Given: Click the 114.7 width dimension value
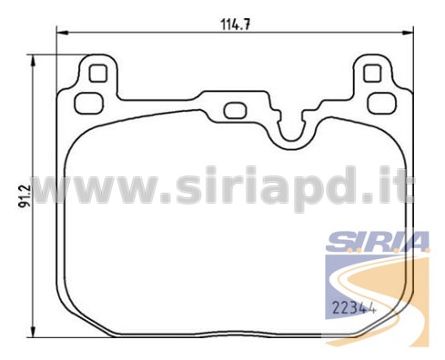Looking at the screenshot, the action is tap(236, 25).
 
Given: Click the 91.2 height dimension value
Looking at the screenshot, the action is tap(25, 196).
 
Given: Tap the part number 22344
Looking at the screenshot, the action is tap(354, 307).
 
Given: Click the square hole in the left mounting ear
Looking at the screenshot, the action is tap(98, 74).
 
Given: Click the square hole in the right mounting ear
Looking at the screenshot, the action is tap(372, 74).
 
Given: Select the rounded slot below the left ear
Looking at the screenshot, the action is tap(88, 104).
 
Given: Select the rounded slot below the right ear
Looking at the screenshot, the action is tap(382, 104).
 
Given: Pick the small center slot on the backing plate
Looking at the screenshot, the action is tap(235, 111).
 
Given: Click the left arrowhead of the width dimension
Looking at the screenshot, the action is tap(62, 32).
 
